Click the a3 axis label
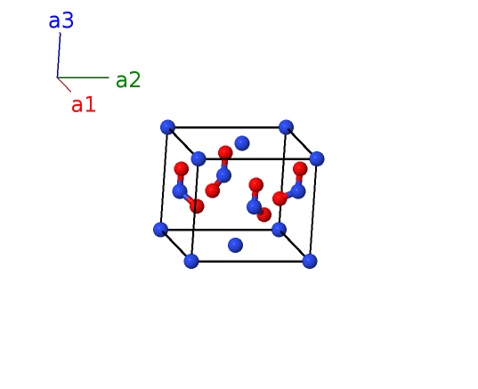pyautogui.click(x=61, y=21)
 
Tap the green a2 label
pyautogui.click(x=128, y=80)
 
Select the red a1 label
pyautogui.click(x=84, y=104)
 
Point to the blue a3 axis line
pyautogui.click(x=59, y=55)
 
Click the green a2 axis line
pyautogui.click(x=83, y=77)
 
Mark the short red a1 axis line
pyautogui.click(x=64, y=85)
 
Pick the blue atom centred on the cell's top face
pyautogui.click(x=242, y=143)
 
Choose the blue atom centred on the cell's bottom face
pyautogui.click(x=235, y=245)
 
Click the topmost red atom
pyautogui.click(x=225, y=153)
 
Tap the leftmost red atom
pyautogui.click(x=182, y=169)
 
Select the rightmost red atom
pyautogui.click(x=300, y=169)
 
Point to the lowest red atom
pyautogui.click(x=264, y=215)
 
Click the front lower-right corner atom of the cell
pyautogui.click(x=310, y=262)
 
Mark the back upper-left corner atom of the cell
pyautogui.click(x=167, y=127)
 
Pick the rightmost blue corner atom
pyautogui.click(x=317, y=158)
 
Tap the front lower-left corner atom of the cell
pyautogui.click(x=191, y=262)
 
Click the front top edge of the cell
pyautogui.click(x=257, y=158)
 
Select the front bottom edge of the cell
pyautogui.click(x=251, y=262)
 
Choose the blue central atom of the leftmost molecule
pyautogui.click(x=180, y=191)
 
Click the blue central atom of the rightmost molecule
pyautogui.click(x=298, y=191)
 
